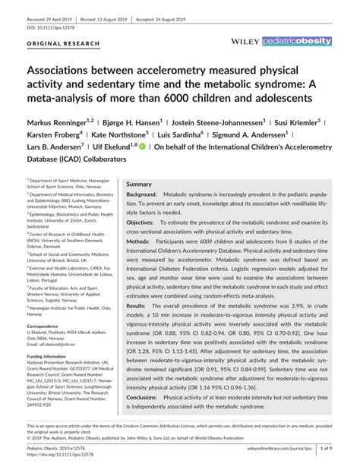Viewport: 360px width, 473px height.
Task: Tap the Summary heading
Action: [139, 184]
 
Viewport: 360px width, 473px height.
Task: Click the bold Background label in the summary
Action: [142, 195]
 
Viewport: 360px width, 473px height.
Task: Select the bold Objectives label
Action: [141, 223]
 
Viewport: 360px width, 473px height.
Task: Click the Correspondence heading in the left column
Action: [49, 326]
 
